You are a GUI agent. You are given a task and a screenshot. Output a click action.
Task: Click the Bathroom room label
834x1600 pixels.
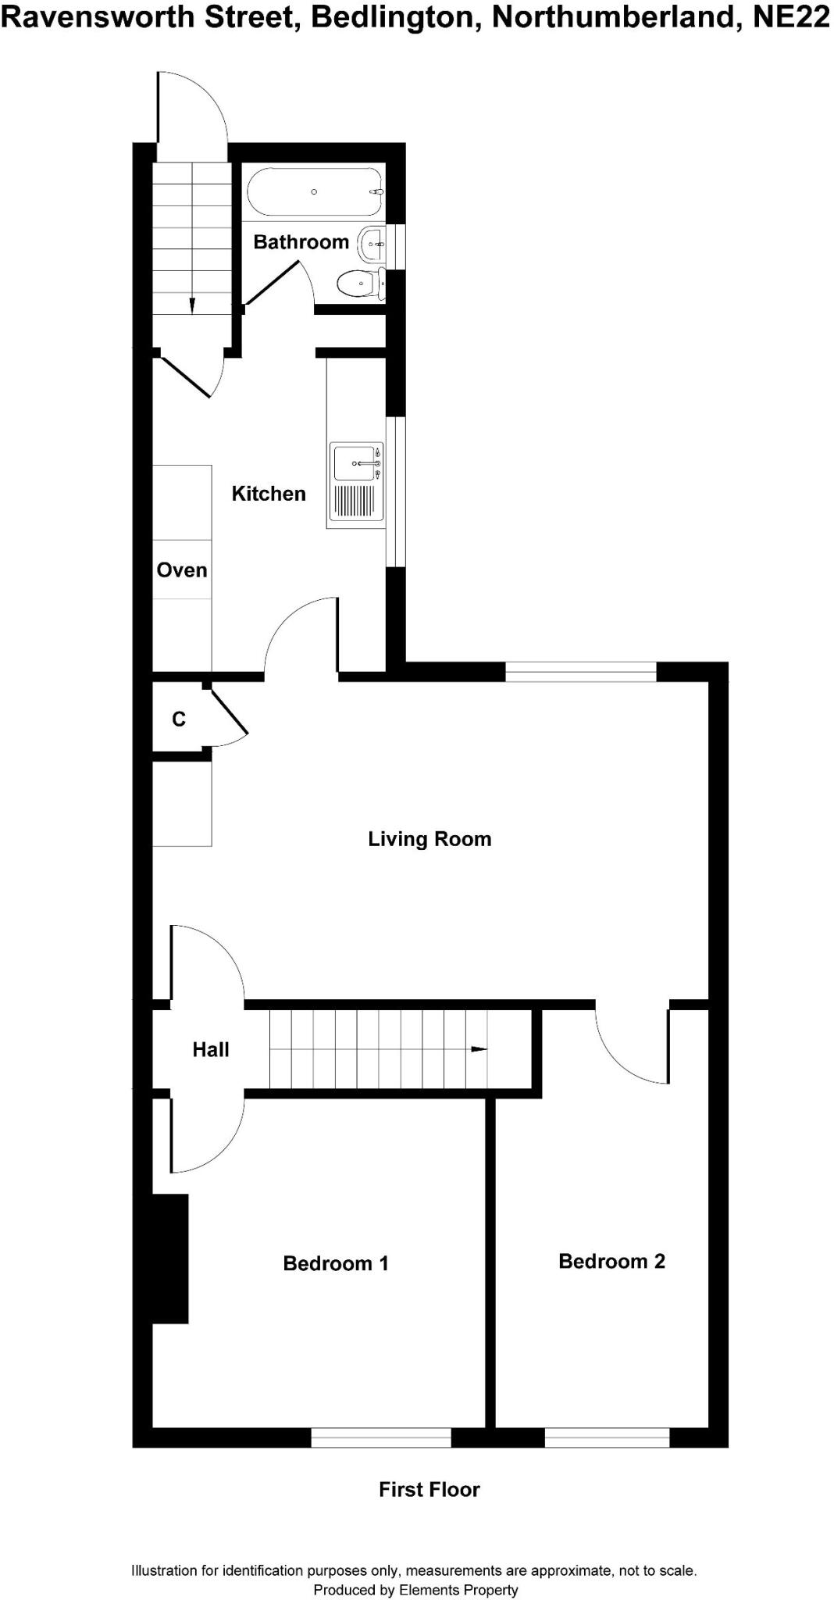(301, 242)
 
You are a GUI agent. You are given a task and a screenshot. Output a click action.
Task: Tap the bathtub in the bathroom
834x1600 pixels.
(315, 192)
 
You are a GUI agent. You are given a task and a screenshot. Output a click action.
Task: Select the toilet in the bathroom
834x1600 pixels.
(360, 282)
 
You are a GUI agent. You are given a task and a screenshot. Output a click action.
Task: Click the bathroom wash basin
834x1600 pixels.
(372, 245)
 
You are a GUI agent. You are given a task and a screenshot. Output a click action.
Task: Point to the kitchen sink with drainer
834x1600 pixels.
(356, 483)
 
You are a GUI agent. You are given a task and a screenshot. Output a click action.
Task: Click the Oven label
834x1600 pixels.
(182, 570)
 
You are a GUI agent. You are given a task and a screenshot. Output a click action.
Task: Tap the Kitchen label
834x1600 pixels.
(269, 494)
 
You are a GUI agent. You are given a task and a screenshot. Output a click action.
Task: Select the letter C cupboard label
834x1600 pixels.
(179, 719)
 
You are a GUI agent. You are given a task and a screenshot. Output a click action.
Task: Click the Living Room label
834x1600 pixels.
(429, 839)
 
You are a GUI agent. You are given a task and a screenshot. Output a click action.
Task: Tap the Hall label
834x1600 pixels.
(211, 1050)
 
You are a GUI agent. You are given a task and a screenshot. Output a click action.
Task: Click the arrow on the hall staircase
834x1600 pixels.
(479, 1049)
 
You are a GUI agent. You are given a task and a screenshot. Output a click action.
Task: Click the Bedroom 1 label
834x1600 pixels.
(335, 1263)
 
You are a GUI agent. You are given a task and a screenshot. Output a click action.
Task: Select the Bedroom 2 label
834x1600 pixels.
(611, 1261)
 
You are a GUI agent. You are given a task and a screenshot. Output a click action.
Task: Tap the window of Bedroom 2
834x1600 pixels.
(607, 1437)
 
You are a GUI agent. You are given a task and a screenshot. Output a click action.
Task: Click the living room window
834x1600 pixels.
(581, 671)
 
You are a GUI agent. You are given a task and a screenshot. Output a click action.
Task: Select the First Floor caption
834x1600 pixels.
(429, 1490)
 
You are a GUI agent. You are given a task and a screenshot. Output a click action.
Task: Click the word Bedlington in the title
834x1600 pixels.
(394, 17)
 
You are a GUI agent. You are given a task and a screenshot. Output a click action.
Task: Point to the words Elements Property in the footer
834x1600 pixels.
(458, 1590)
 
